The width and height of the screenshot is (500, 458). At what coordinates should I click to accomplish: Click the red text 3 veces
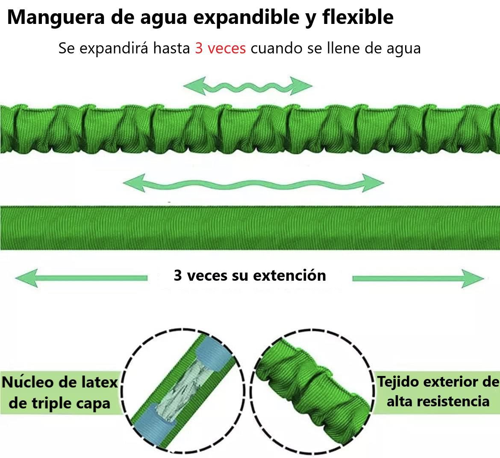[220, 48]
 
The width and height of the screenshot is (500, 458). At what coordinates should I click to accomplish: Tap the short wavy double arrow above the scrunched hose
[250, 86]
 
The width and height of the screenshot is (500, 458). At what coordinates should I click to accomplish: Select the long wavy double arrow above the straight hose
[253, 183]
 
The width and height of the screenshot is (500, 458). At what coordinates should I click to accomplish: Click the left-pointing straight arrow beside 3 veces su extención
[81, 278]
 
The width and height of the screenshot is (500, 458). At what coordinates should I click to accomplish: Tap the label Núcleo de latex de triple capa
[60, 392]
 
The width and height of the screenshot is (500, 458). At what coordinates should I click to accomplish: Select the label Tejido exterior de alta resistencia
[438, 391]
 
